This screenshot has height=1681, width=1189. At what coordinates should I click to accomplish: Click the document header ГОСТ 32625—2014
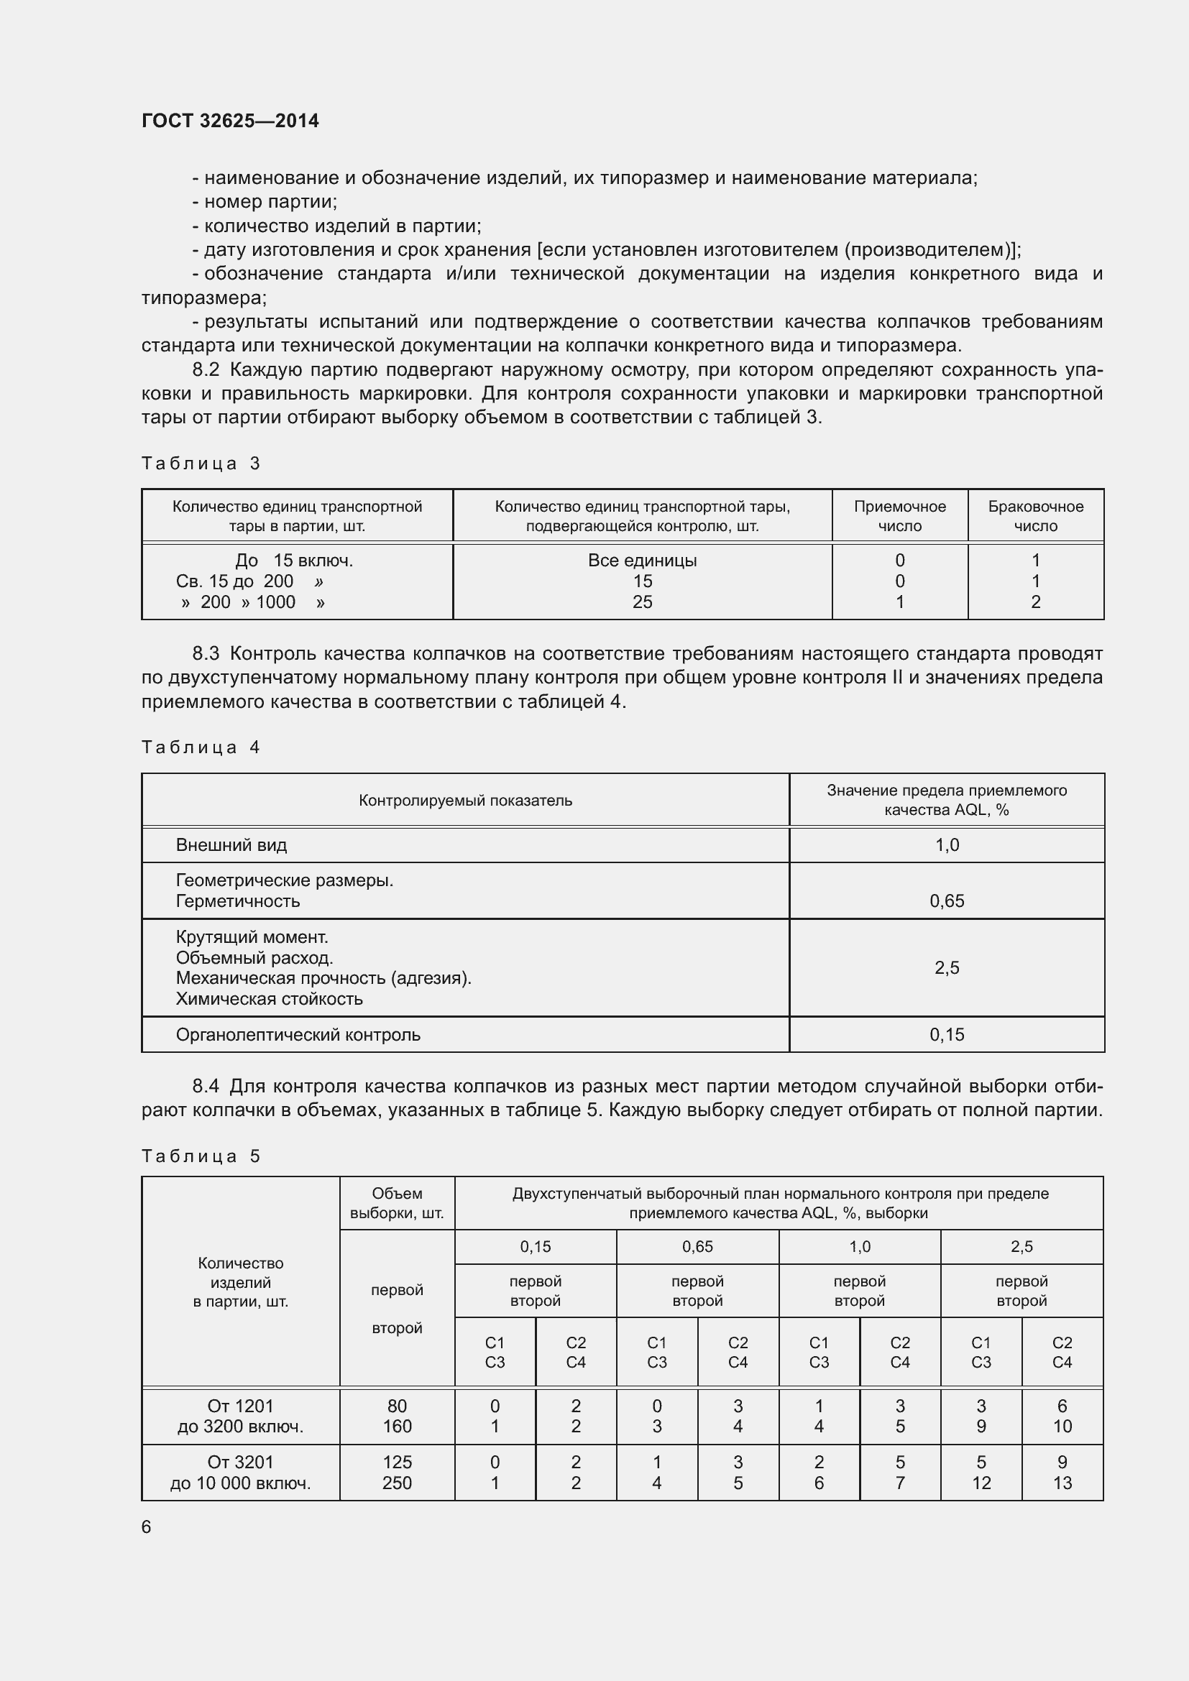click(x=230, y=121)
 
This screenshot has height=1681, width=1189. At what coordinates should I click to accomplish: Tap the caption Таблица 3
click(x=201, y=464)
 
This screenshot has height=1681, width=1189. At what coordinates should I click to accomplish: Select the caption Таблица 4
click(x=201, y=747)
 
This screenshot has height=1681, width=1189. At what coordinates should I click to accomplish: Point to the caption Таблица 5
click(x=201, y=1156)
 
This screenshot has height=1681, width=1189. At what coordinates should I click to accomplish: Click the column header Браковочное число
click(x=1035, y=516)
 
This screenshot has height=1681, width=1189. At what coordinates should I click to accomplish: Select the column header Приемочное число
click(x=899, y=516)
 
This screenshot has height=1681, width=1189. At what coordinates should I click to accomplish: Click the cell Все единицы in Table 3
click(x=642, y=560)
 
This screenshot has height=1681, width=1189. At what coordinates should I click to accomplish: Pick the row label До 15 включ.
click(x=293, y=560)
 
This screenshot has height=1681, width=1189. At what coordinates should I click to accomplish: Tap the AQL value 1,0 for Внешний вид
click(x=947, y=845)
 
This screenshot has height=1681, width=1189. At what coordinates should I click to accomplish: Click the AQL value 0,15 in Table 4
click(x=947, y=1034)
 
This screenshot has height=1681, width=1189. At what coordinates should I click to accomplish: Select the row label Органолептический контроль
click(x=298, y=1034)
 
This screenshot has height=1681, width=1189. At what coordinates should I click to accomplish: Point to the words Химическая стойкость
click(x=269, y=999)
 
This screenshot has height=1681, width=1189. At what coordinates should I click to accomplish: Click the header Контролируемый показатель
click(x=465, y=800)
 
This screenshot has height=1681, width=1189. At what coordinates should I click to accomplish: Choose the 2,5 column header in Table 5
click(x=1022, y=1246)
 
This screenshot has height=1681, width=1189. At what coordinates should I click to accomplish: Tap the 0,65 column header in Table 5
click(x=697, y=1246)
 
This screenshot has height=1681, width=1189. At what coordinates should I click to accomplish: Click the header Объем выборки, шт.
click(x=397, y=1203)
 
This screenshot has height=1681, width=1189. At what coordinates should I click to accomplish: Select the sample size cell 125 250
click(x=397, y=1473)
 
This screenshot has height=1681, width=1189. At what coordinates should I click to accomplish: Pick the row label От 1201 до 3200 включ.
click(x=240, y=1416)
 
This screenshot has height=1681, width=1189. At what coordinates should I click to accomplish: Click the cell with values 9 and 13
click(x=1062, y=1473)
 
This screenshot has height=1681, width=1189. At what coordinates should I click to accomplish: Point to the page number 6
click(x=147, y=1526)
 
